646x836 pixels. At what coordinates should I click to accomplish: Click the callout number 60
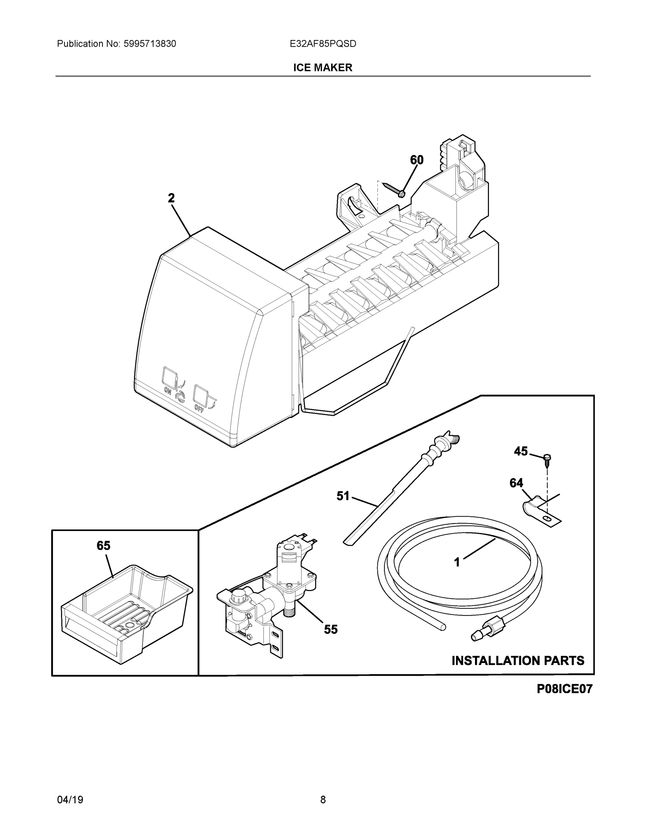417,160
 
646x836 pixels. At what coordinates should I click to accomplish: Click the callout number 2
171,198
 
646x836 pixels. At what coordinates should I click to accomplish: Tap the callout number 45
521,451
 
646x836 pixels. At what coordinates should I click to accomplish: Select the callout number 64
516,483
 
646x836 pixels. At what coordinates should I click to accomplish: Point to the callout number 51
343,496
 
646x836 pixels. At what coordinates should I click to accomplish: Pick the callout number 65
103,545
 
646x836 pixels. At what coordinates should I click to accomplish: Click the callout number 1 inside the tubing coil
457,562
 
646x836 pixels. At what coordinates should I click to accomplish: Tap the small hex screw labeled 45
547,458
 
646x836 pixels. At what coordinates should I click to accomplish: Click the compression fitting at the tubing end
490,632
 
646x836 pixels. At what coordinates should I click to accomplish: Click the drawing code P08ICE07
564,689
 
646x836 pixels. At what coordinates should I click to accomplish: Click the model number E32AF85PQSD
322,44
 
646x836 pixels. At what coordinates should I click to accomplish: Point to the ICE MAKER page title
322,68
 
